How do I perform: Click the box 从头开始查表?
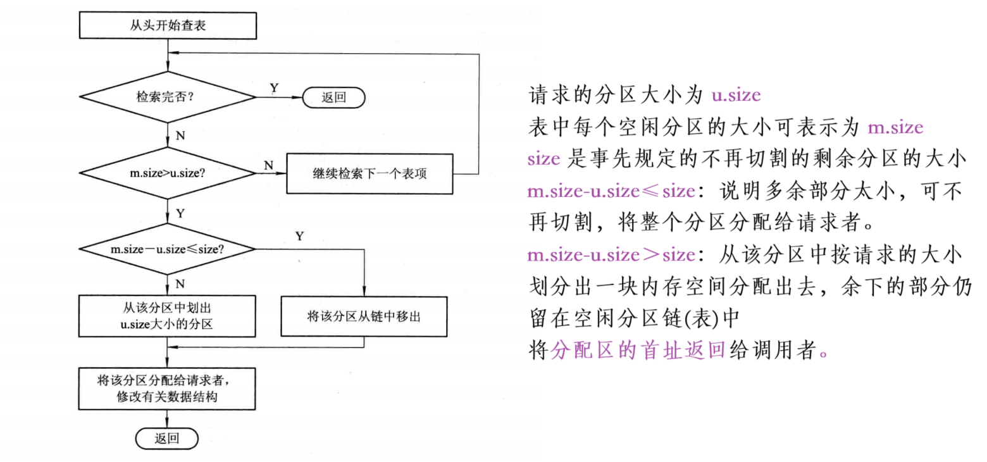tap(168, 27)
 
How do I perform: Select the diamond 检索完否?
tap(168, 97)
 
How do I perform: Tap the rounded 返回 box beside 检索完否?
tap(333, 97)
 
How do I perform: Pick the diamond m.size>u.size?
tap(168, 172)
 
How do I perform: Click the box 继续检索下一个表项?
tap(369, 172)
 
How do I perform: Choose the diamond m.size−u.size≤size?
tap(168, 249)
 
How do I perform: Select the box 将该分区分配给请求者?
tap(168, 388)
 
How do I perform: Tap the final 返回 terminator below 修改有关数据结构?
tap(167, 438)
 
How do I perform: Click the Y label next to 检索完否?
tap(274, 87)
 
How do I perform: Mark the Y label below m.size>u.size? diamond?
tap(180, 213)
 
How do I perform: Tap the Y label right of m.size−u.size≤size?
tap(299, 236)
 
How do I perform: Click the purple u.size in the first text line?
tap(736, 96)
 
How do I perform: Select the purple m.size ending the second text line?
tap(895, 128)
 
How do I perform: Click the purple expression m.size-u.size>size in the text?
tap(611, 255)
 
